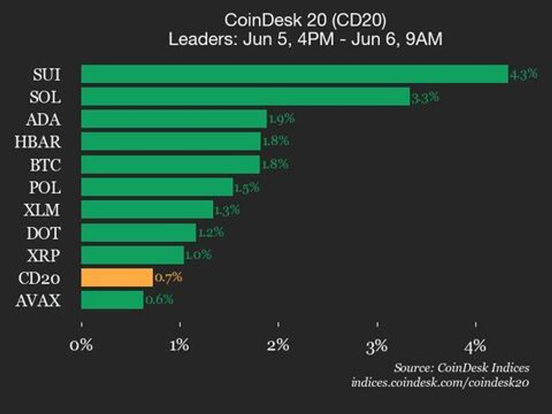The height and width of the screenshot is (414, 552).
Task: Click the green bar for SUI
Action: pyautogui.click(x=294, y=74)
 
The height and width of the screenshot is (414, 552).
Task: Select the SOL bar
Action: pyautogui.click(x=245, y=97)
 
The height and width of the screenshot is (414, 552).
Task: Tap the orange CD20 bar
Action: pyautogui.click(x=117, y=278)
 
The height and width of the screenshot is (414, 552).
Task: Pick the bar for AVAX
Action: pyautogui.click(x=112, y=300)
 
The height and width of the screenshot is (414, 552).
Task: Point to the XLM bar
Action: pyautogui.click(x=147, y=210)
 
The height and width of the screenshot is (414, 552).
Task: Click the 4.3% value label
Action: pyautogui.click(x=524, y=74)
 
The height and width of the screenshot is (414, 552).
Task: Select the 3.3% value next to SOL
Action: pyautogui.click(x=425, y=97)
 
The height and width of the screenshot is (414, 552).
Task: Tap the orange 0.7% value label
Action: pyautogui.click(x=168, y=277)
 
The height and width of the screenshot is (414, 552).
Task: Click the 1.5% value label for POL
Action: pyautogui.click(x=246, y=187)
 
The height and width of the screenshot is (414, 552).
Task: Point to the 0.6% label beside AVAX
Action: pyautogui.click(x=159, y=299)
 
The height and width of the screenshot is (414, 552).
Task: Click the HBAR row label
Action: pyautogui.click(x=38, y=142)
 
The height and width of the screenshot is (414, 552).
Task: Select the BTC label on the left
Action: pyautogui.click(x=45, y=165)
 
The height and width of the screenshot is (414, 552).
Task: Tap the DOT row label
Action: pyautogui.click(x=43, y=233)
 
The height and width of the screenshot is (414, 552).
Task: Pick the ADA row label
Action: pyautogui.click(x=43, y=120)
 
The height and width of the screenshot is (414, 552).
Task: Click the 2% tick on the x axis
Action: pyautogui.click(x=278, y=345)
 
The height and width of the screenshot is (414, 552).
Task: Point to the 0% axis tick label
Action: pyautogui.click(x=81, y=345)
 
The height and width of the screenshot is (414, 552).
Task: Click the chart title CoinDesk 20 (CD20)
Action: pyautogui.click(x=305, y=20)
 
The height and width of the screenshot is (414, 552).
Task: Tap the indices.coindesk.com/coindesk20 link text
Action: pyautogui.click(x=440, y=383)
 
